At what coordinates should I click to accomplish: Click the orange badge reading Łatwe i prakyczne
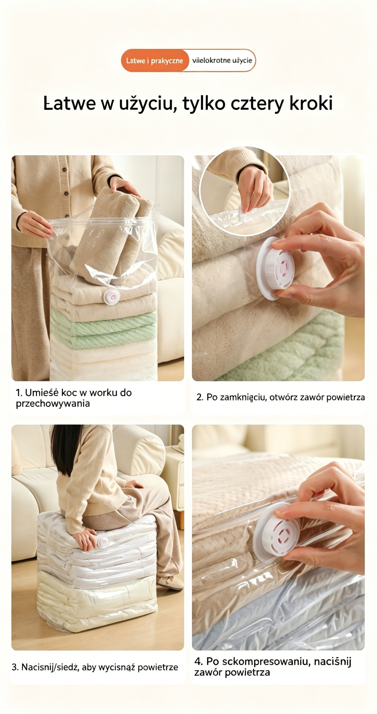click(x=154, y=61)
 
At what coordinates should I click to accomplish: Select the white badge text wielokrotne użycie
click(x=222, y=61)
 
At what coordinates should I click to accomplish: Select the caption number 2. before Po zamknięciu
click(x=200, y=397)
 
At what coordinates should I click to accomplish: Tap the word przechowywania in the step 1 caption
click(x=53, y=404)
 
